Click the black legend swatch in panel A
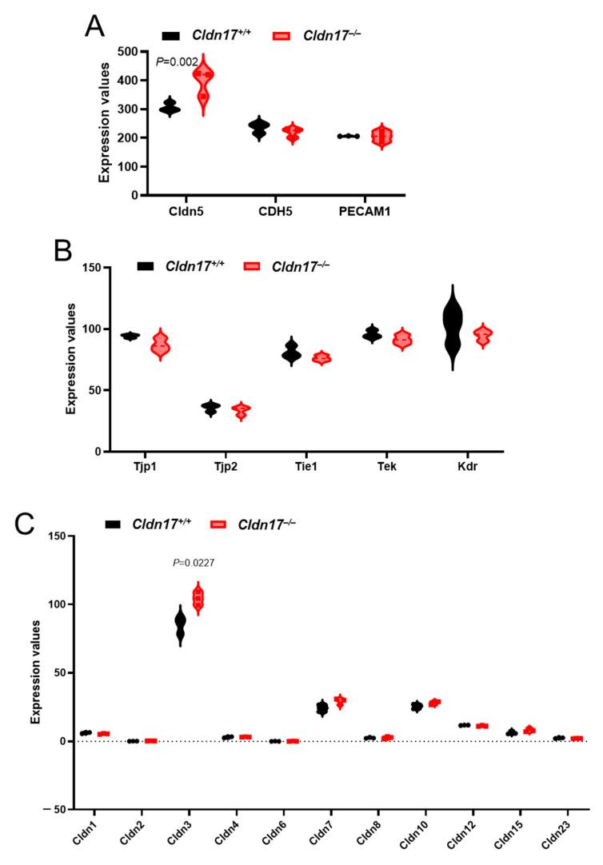tap(171, 34)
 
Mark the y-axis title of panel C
tap(36, 672)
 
